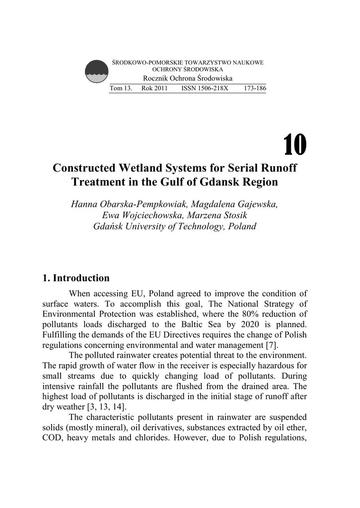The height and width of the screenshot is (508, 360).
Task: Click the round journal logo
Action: click(96, 72)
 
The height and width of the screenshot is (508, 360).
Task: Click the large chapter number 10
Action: click(295, 145)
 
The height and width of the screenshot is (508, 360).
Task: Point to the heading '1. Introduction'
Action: click(76, 278)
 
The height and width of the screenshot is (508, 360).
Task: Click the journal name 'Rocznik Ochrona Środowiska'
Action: click(188, 79)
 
